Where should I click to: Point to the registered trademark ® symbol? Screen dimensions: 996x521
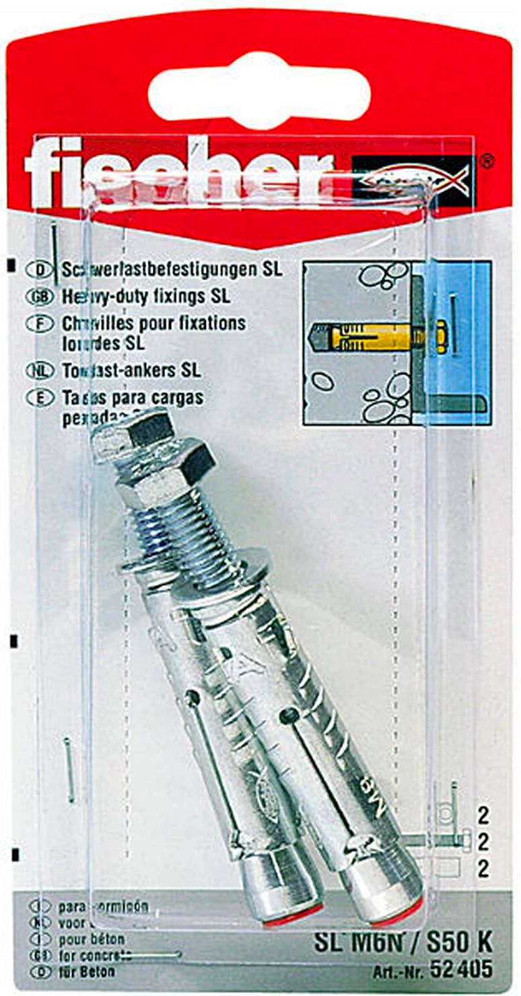pyautogui.click(x=488, y=161)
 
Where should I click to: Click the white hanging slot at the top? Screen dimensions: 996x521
pyautogui.click(x=259, y=91)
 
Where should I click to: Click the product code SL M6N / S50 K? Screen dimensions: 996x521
pyautogui.click(x=403, y=944)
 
